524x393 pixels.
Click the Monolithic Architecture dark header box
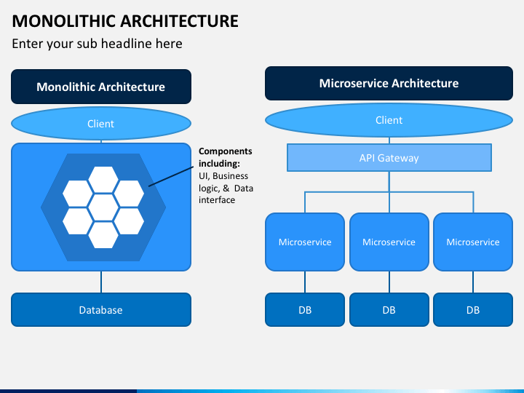point(101,87)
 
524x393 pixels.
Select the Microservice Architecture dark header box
point(389,83)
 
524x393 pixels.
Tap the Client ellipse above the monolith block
point(101,123)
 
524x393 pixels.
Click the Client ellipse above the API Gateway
point(389,120)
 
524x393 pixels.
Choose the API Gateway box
point(389,158)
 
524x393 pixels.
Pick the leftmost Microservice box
point(305,242)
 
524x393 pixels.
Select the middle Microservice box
point(389,242)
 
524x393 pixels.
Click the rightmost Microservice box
point(473,242)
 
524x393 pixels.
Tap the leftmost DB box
point(305,310)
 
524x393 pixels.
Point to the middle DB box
point(389,310)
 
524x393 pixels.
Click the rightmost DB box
point(473,310)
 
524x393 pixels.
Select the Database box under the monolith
point(101,310)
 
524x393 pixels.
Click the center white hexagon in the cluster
point(103,207)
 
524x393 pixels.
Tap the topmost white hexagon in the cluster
point(103,180)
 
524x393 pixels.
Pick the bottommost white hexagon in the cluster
point(103,235)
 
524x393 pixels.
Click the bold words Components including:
point(225,157)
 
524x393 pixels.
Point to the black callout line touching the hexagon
point(171,176)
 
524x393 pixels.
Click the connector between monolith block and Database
point(101,282)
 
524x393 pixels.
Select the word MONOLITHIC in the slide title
point(63,21)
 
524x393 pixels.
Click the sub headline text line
point(97,44)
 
